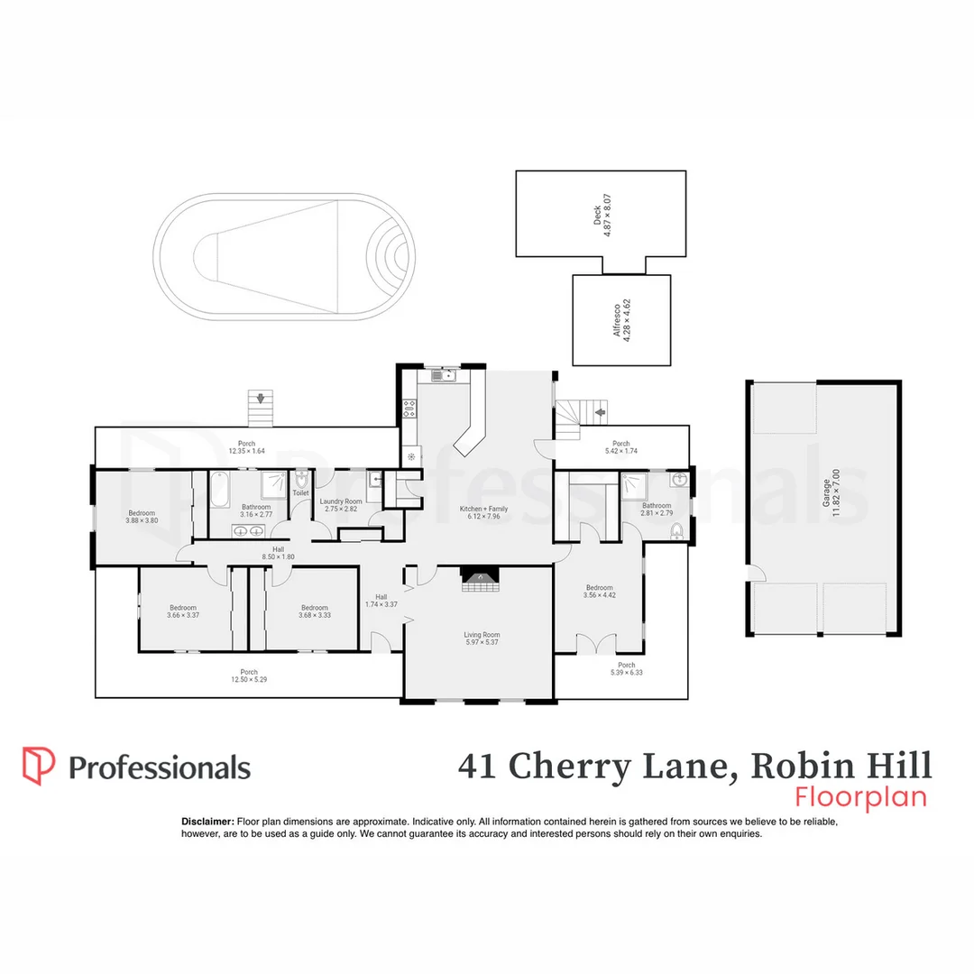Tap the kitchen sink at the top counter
pyautogui.click(x=444, y=375)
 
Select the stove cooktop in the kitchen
pyautogui.click(x=408, y=411)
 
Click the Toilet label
pyautogui.click(x=300, y=493)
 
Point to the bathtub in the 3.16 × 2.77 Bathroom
pyautogui.click(x=220, y=492)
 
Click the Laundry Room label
pyautogui.click(x=341, y=501)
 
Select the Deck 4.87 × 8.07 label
pyautogui.click(x=602, y=214)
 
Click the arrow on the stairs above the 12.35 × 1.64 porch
pyautogui.click(x=262, y=398)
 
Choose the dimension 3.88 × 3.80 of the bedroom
pyautogui.click(x=142, y=520)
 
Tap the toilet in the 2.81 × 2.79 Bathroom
pyautogui.click(x=675, y=533)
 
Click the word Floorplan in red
pyautogui.click(x=861, y=797)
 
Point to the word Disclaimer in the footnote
pyautogui.click(x=207, y=822)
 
